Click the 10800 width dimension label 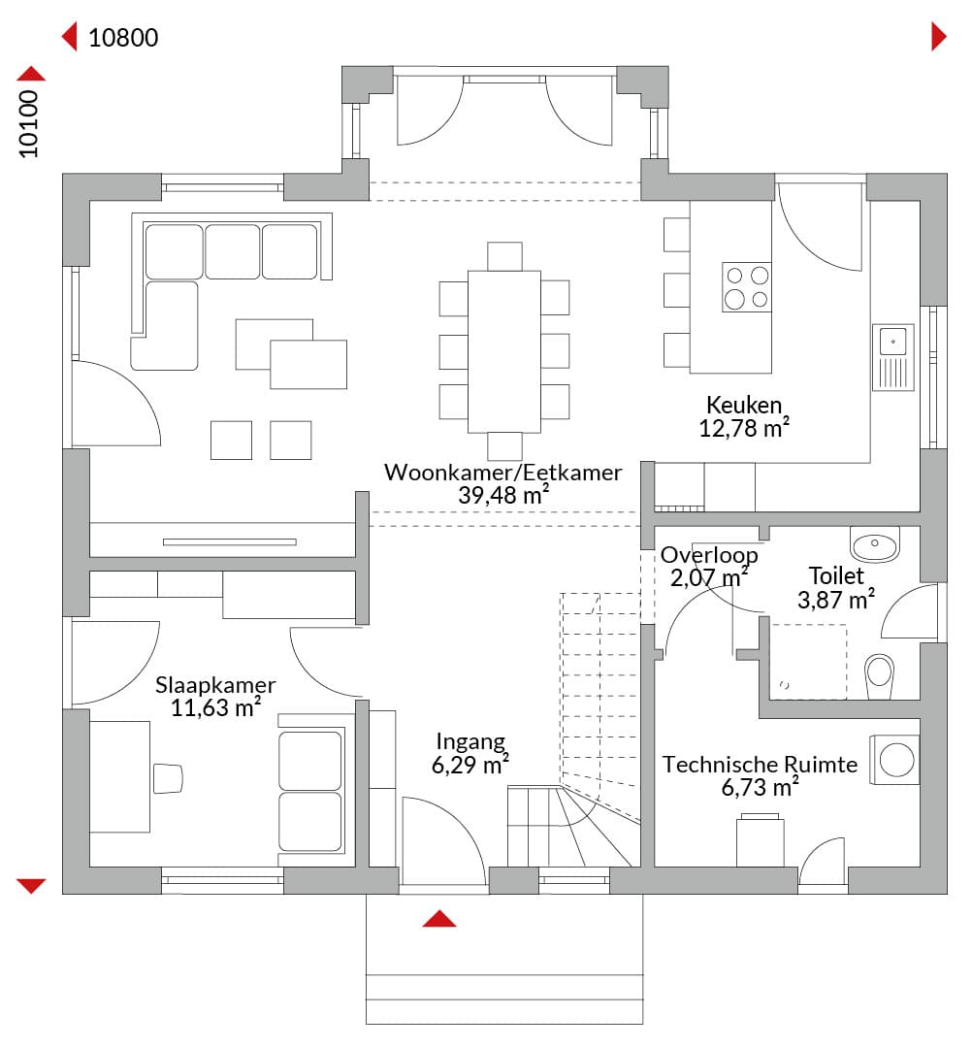point(123,38)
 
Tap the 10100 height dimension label point(29,124)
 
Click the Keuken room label point(744,405)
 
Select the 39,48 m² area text point(503,495)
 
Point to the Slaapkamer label point(215,684)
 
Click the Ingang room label point(471,742)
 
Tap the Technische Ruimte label point(760,764)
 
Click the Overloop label point(709,555)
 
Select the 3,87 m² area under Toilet point(836,599)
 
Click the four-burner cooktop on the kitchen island point(747,286)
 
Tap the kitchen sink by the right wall point(893,357)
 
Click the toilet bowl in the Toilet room point(879,676)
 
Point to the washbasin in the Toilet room point(874,544)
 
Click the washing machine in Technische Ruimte point(894,760)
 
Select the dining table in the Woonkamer point(504,351)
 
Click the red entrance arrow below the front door point(439,919)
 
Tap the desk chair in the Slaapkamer point(168,778)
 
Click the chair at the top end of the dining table point(504,256)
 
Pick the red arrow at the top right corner point(939,37)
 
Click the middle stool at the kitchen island point(677,290)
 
